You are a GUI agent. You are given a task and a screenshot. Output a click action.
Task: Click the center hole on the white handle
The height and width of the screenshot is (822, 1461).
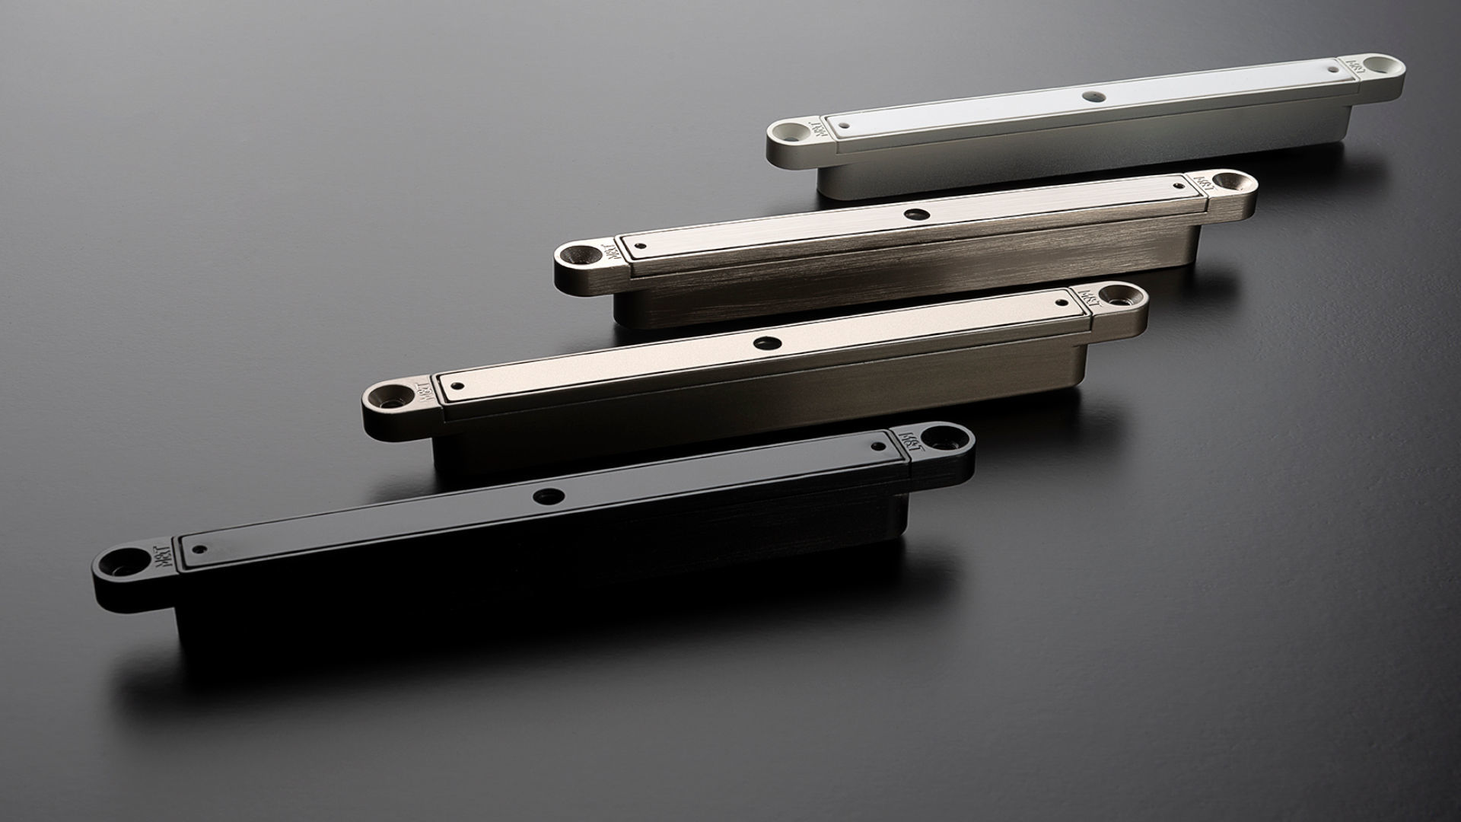pos(1093,97)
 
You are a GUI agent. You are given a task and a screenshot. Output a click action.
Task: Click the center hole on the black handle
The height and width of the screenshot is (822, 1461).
pos(548,497)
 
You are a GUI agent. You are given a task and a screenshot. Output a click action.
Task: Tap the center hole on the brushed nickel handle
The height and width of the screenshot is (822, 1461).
pos(912,215)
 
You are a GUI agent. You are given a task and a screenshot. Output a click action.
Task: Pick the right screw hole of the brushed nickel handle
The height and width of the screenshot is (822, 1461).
pos(1226,182)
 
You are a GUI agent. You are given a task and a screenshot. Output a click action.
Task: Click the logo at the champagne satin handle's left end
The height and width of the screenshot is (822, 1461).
pos(423,387)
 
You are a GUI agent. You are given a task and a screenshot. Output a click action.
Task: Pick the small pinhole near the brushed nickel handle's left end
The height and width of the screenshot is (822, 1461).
pos(641,246)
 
